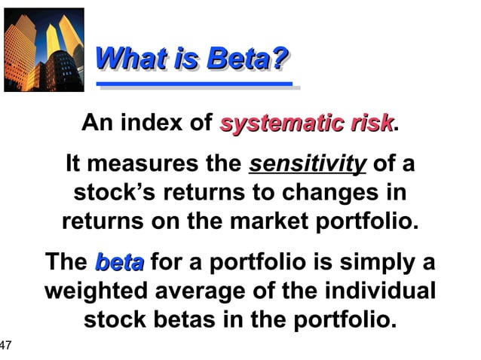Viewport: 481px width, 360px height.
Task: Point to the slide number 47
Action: (x=6, y=346)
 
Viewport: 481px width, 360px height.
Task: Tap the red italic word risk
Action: (x=368, y=123)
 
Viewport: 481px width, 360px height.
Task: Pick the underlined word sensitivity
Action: (x=308, y=164)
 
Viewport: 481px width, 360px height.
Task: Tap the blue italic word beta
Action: (x=119, y=263)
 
